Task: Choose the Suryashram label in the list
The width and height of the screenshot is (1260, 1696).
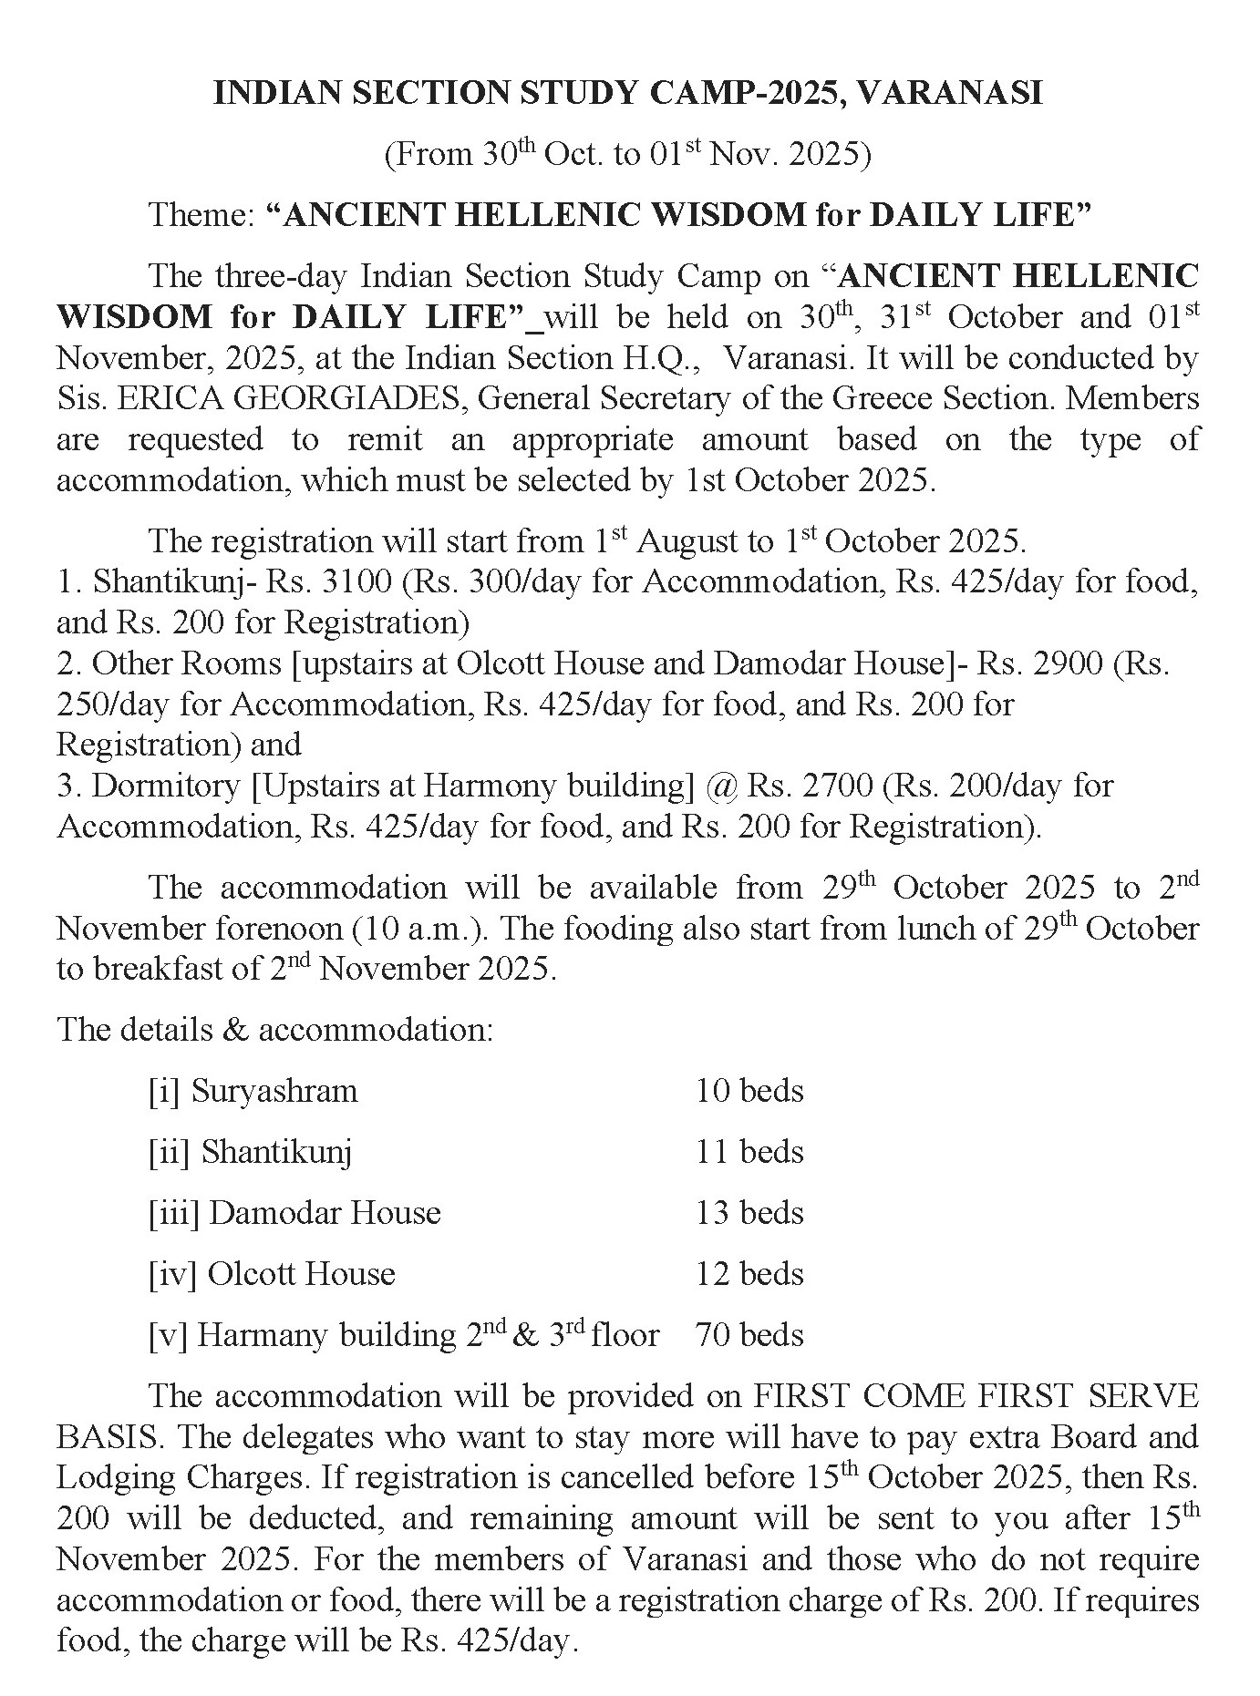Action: click(274, 1091)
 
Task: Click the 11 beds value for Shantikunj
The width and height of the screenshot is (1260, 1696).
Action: click(749, 1152)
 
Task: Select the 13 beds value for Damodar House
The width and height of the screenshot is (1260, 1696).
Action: click(749, 1213)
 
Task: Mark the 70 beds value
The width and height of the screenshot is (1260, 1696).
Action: click(749, 1335)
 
